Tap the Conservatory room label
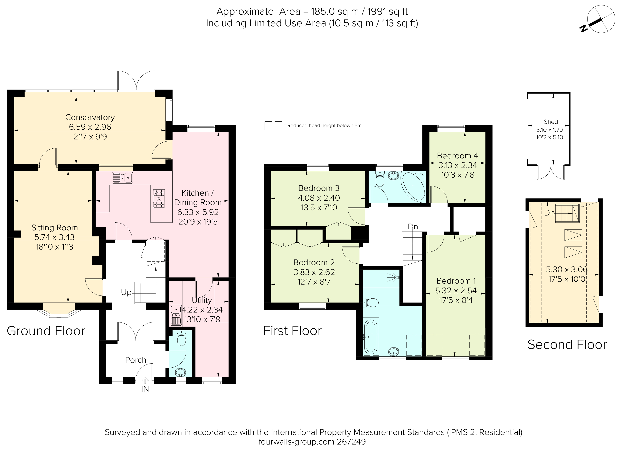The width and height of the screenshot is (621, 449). pyautogui.click(x=90, y=117)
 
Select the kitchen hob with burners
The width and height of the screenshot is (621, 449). pyautogui.click(x=159, y=199)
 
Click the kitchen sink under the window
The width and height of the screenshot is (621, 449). pyautogui.click(x=122, y=178)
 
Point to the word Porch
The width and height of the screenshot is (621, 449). pyautogui.click(x=136, y=360)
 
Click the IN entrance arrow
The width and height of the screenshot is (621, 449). pyautogui.click(x=145, y=381)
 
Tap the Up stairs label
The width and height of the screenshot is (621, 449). pyautogui.click(x=126, y=292)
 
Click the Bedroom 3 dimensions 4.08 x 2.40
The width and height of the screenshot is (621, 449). pyautogui.click(x=319, y=198)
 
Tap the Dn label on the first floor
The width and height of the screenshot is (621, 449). pyautogui.click(x=413, y=227)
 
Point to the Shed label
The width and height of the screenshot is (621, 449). pyautogui.click(x=551, y=122)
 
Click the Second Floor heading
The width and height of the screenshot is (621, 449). pyautogui.click(x=567, y=345)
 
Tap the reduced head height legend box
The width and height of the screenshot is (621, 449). pyautogui.click(x=273, y=126)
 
